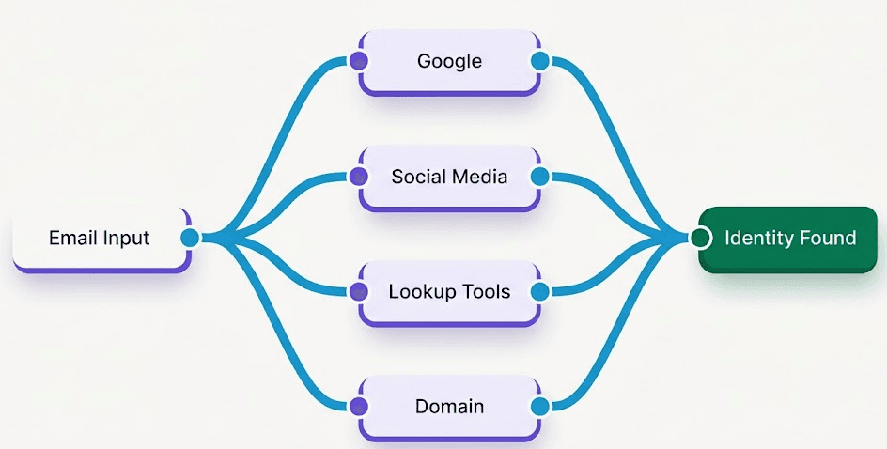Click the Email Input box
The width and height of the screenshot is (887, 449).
pyautogui.click(x=101, y=240)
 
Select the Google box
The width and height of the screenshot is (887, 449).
pyautogui.click(x=450, y=63)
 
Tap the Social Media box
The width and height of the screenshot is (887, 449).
pyautogui.click(x=450, y=178)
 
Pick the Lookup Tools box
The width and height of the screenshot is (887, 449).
pyautogui.click(x=450, y=293)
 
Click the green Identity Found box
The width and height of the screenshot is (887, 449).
pyautogui.click(x=788, y=240)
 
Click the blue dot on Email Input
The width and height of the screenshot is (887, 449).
pyautogui.click(x=191, y=238)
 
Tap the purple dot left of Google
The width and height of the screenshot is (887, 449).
pyautogui.click(x=359, y=60)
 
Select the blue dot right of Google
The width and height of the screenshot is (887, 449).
pyautogui.click(x=540, y=60)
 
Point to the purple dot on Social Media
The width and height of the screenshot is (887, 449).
pyautogui.click(x=359, y=177)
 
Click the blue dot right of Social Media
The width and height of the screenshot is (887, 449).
pyautogui.click(x=540, y=177)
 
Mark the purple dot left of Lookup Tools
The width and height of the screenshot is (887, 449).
pyautogui.click(x=359, y=292)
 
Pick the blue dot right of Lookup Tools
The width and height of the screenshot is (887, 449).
pyautogui.click(x=540, y=292)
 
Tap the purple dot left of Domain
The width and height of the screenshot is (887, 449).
pyautogui.click(x=359, y=406)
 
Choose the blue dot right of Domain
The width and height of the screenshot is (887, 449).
pyautogui.click(x=540, y=406)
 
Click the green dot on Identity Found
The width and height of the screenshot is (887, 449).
pyautogui.click(x=700, y=238)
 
